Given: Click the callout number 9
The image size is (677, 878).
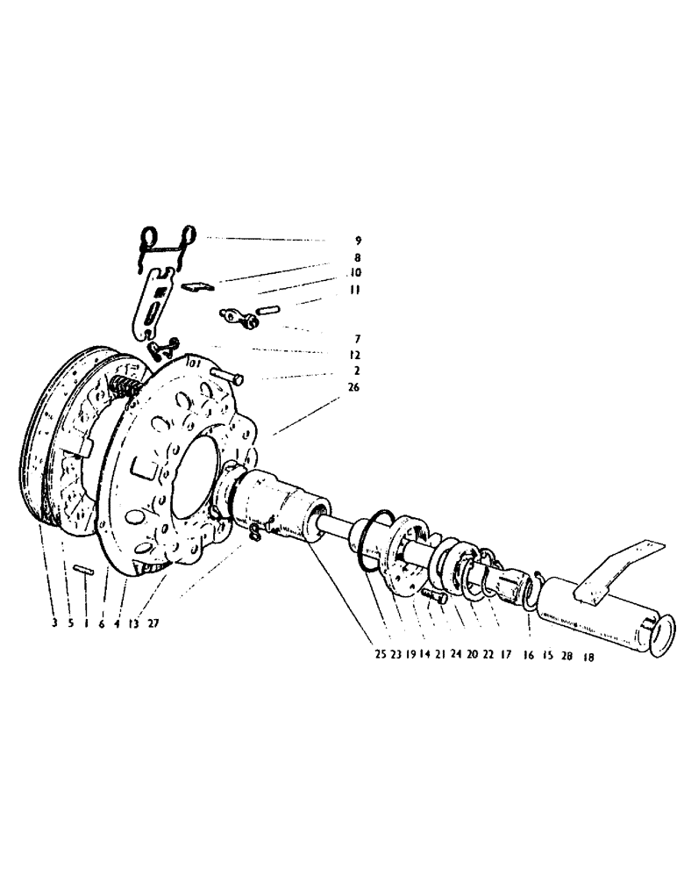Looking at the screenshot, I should click(x=358, y=240).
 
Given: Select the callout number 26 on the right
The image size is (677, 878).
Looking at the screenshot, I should click(x=353, y=387).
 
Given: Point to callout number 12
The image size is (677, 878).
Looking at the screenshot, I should click(x=353, y=355).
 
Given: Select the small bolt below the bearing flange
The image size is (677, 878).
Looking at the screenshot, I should click(x=433, y=598).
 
